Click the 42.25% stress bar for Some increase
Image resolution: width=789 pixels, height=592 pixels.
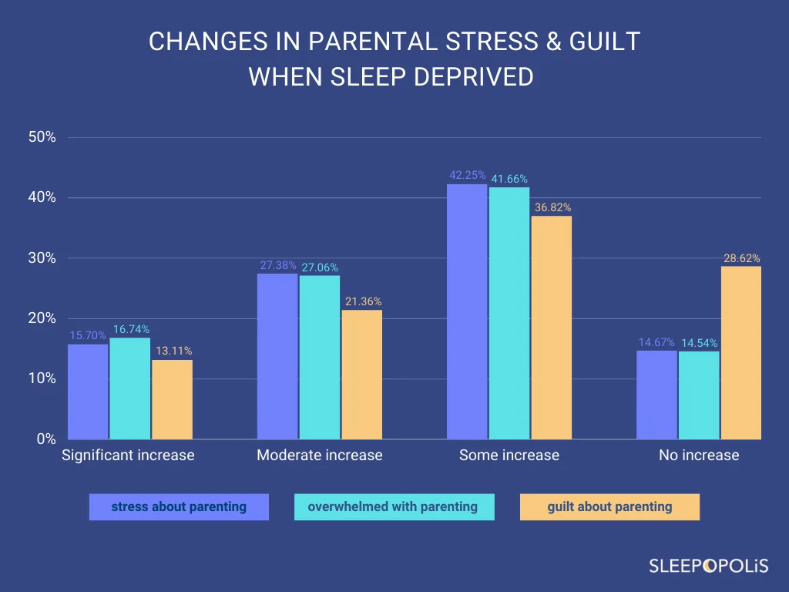(467, 311)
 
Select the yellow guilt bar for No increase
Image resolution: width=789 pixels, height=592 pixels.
(740, 353)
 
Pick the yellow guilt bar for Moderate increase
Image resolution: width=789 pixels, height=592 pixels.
(361, 375)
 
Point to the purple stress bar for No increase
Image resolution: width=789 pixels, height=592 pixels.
(657, 395)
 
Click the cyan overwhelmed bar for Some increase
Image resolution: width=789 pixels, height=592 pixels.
(509, 313)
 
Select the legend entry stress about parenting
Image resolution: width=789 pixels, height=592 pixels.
(179, 507)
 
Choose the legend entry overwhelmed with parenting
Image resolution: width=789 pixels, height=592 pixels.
(393, 507)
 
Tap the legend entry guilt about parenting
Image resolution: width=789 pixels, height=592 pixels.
(609, 507)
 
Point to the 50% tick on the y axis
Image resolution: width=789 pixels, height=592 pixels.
(42, 137)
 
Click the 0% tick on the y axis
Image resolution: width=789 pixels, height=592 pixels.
(46, 439)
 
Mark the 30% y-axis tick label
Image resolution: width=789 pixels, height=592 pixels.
(42, 258)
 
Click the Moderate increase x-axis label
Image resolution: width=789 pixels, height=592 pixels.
(319, 455)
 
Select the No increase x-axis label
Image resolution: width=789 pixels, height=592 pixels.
(699, 455)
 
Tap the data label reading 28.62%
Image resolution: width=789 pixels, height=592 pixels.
(741, 258)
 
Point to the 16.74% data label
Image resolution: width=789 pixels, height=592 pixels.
(131, 329)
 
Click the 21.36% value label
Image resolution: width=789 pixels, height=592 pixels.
(363, 301)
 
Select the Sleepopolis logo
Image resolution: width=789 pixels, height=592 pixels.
(708, 566)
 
